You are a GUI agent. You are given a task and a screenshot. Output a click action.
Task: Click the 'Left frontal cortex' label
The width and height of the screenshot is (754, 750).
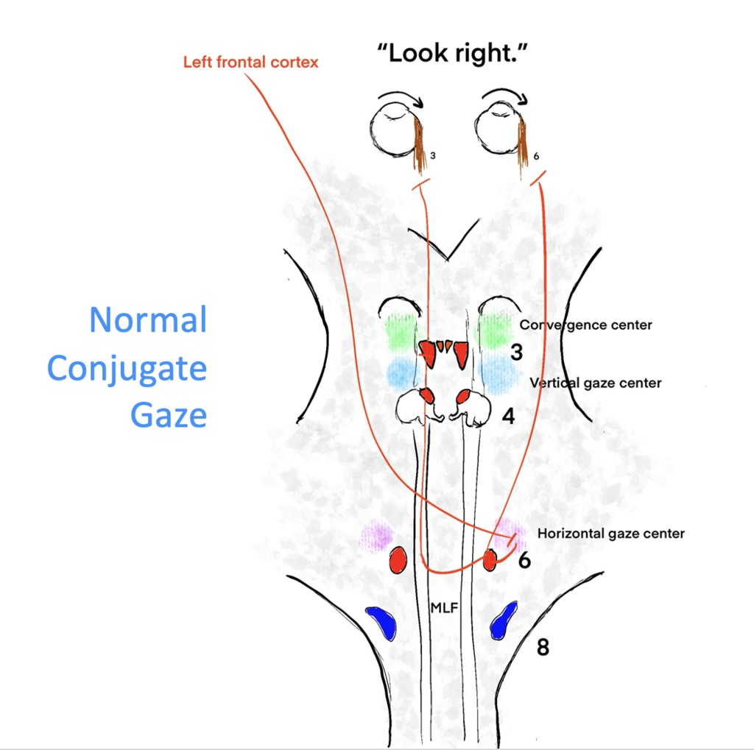pyautogui.click(x=250, y=63)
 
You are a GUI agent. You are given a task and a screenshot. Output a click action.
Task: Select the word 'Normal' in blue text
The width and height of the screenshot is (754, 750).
pyautogui.click(x=148, y=321)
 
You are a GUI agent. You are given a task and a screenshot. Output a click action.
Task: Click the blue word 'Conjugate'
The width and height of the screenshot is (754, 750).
pyautogui.click(x=127, y=369)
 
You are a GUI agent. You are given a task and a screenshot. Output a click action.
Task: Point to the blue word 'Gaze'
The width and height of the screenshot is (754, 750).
pyautogui.click(x=169, y=415)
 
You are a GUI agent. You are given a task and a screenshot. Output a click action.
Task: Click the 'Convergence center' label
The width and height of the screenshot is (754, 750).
pyautogui.click(x=585, y=325)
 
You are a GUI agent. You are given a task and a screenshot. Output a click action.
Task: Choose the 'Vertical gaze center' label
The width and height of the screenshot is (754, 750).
pyautogui.click(x=595, y=383)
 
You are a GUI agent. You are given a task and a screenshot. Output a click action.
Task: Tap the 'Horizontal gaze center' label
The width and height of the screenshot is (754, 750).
pyautogui.click(x=611, y=534)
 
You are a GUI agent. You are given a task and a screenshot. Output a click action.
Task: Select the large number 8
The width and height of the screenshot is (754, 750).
pyautogui.click(x=543, y=648)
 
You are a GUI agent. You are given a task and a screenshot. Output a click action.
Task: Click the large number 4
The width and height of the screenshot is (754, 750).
pyautogui.click(x=507, y=417)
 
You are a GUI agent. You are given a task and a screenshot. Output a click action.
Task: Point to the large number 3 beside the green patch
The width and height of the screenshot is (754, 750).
pyautogui.click(x=516, y=353)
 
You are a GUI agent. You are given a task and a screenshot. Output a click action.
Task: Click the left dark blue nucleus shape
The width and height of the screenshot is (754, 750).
pyautogui.click(x=382, y=622)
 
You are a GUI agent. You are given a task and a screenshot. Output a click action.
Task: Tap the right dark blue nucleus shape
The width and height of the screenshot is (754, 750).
pyautogui.click(x=503, y=620)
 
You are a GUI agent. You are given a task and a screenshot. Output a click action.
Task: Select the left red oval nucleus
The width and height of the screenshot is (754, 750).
pyautogui.click(x=398, y=560)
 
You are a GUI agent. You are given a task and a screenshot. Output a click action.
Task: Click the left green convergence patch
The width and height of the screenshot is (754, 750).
pyautogui.click(x=401, y=331)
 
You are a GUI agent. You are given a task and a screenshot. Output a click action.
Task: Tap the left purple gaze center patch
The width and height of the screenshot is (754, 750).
pyautogui.click(x=377, y=535)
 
